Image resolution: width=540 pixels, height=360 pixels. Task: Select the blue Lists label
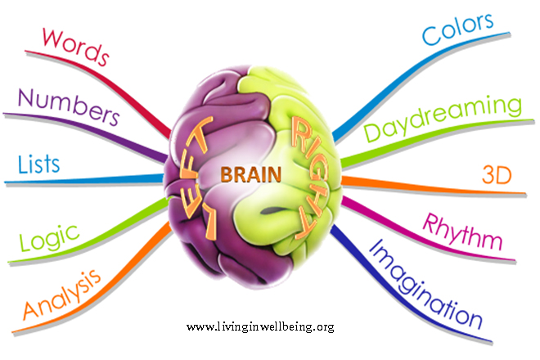tap(38, 164)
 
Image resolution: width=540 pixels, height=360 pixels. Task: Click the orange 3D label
tap(501, 175)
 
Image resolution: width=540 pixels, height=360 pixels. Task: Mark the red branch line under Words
tap(123, 82)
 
